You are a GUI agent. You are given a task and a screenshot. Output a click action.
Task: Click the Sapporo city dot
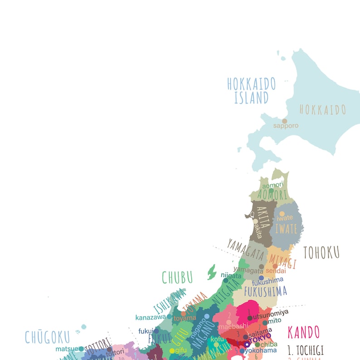click(x=284, y=121)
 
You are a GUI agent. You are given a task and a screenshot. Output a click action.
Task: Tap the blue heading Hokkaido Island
click(x=251, y=90)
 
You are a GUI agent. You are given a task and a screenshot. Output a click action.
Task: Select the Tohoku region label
click(x=321, y=253)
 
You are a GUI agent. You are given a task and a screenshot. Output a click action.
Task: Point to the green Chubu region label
click(x=177, y=277)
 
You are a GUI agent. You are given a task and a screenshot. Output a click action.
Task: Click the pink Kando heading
click(x=303, y=332)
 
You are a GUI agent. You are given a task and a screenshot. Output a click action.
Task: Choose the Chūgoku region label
click(x=48, y=337)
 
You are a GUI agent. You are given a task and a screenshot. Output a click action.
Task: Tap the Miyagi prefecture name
click(x=282, y=261)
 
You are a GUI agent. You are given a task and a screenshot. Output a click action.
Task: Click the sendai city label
click(x=276, y=271)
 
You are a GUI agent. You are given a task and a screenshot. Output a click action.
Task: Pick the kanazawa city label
click(x=150, y=317)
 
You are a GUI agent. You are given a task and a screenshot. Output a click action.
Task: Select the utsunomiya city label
click(x=270, y=312)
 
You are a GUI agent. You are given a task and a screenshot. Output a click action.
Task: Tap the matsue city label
click(x=67, y=349)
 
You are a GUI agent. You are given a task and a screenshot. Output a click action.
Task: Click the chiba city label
click(x=269, y=345)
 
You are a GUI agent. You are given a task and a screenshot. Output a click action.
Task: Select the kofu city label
click(x=217, y=339)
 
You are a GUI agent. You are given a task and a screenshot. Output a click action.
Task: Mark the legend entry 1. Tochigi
click(x=306, y=350)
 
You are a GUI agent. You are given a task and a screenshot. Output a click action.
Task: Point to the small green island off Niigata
click(x=211, y=272)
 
